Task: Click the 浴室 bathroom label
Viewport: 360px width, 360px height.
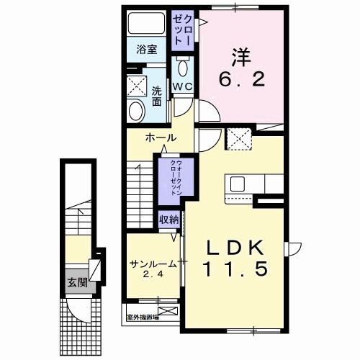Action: tap(147, 50)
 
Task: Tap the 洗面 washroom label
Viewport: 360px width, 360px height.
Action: tap(156, 95)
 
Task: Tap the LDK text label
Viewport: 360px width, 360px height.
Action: tap(233, 247)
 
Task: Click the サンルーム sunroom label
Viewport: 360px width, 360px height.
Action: tap(153, 264)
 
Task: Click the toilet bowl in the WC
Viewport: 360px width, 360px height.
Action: tap(182, 69)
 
